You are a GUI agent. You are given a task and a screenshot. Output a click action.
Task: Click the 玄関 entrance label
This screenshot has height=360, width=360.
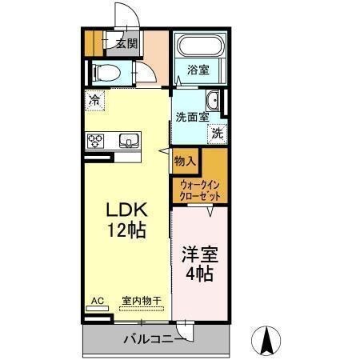click(126, 43)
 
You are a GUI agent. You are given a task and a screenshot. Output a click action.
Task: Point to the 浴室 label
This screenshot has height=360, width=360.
click(198, 70)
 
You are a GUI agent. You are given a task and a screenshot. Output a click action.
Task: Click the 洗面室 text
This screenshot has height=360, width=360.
click(192, 116)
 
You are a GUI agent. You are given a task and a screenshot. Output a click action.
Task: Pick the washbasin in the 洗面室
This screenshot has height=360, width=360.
click(214, 101)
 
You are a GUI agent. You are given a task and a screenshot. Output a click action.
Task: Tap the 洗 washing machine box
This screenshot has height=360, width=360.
click(218, 134)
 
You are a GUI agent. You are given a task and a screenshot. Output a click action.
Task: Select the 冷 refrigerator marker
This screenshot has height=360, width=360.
click(94, 101)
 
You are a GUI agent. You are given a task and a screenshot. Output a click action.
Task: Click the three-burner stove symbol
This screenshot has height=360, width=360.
click(96, 142)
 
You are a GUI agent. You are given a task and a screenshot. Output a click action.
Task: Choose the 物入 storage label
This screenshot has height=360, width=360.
click(185, 161)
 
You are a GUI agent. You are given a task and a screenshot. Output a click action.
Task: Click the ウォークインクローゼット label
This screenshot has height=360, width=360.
click(200, 190)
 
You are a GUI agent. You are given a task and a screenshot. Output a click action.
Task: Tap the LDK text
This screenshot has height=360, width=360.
click(126, 210)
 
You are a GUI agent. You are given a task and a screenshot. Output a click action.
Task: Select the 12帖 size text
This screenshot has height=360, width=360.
click(126, 231)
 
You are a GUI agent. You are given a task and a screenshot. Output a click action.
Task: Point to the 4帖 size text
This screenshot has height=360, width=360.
click(200, 274)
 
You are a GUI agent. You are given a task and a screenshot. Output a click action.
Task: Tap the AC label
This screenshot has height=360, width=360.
click(97, 301)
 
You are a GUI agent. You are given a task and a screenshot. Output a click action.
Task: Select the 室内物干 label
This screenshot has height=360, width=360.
click(141, 301)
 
